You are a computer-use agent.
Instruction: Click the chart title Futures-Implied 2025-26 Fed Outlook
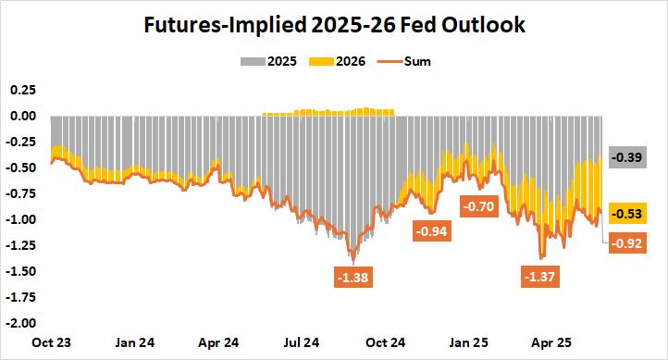334,26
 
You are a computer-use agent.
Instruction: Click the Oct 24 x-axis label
387,342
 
